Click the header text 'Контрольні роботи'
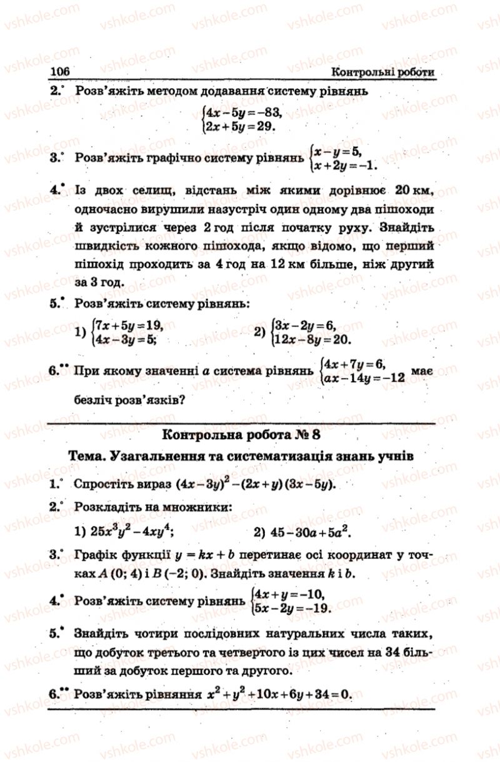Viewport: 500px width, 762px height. [x=383, y=72]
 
